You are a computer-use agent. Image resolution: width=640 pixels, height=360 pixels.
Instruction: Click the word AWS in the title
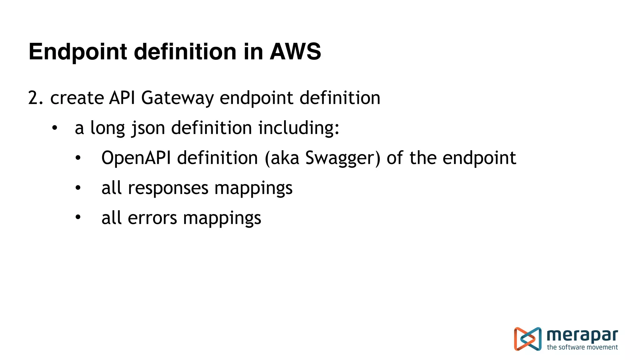295,52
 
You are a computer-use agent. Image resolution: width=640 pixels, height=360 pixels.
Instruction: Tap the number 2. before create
35,98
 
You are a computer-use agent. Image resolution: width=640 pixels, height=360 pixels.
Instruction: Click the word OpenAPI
136,158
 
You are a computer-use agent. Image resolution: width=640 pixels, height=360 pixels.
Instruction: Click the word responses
168,188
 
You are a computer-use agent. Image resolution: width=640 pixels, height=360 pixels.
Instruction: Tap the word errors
152,218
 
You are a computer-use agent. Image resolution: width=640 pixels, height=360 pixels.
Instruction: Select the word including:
299,128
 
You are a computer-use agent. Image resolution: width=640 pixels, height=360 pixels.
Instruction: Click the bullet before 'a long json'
55,128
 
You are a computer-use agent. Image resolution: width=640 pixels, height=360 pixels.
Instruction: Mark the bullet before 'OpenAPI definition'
78,158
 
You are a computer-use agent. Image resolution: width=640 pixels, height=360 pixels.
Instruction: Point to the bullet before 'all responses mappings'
78,188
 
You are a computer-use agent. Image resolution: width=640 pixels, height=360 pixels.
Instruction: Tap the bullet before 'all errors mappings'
78,218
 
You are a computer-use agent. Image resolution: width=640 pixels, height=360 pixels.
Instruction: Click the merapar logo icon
527,339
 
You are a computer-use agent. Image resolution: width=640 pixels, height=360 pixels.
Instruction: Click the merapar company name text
582,336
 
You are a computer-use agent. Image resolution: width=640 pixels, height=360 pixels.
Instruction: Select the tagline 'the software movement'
582,347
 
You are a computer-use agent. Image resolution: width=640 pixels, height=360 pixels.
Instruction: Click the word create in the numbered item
77,98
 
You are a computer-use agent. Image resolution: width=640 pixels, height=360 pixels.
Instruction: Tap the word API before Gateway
122,98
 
